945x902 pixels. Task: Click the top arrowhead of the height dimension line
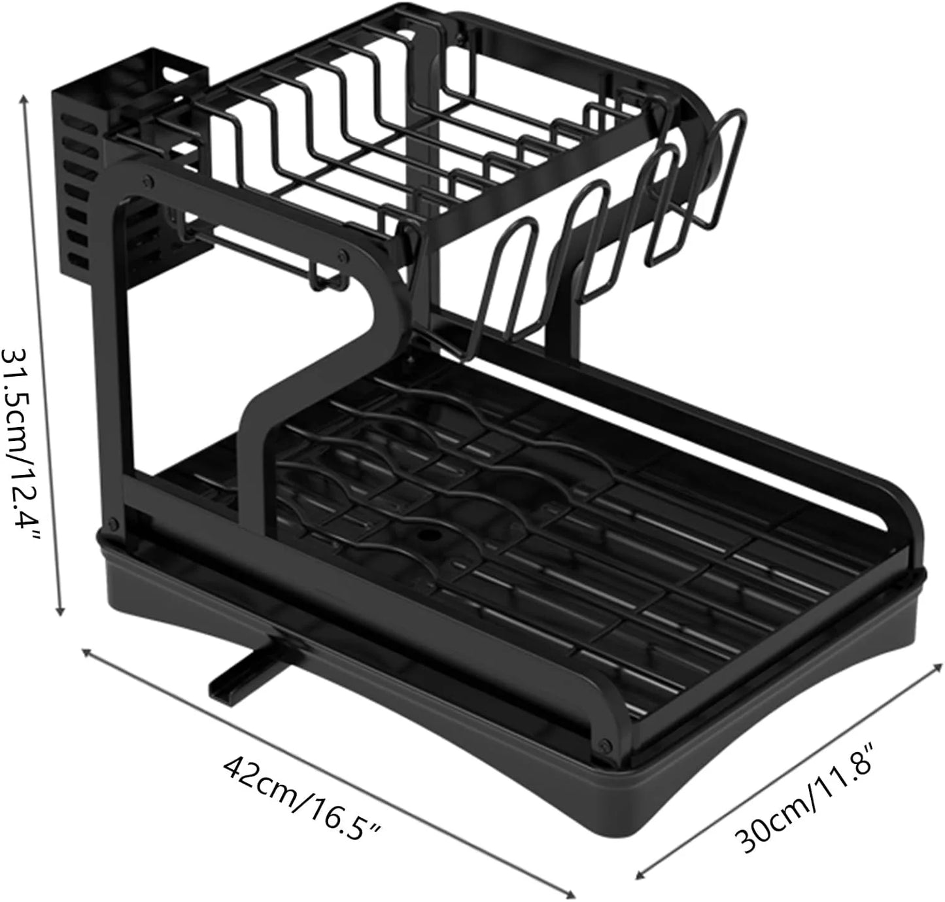coord(26,98)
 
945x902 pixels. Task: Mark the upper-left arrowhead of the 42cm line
coord(86,651)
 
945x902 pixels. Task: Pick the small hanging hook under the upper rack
coord(327,278)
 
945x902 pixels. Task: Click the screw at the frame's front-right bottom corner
coord(602,744)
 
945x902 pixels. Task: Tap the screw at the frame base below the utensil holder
coord(114,523)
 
